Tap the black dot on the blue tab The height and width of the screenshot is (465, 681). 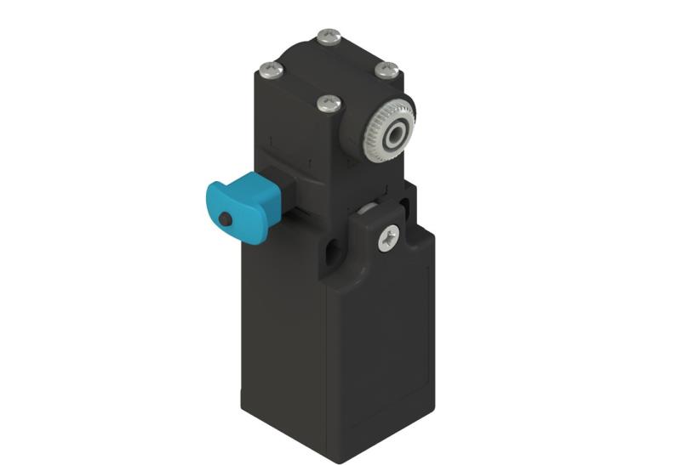(x=225, y=219)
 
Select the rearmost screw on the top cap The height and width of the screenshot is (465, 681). (x=328, y=37)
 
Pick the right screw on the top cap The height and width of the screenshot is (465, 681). (x=386, y=69)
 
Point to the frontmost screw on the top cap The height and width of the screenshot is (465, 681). (x=329, y=104)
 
